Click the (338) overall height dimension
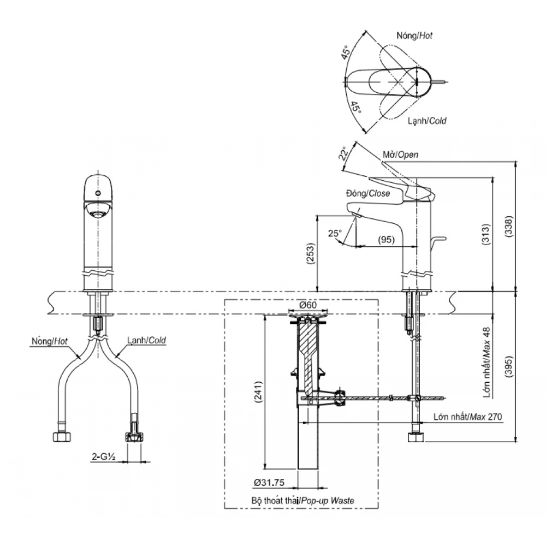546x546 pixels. click(509, 227)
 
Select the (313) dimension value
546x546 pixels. click(486, 234)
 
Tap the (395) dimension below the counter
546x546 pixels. click(509, 367)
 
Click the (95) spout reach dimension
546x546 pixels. click(386, 240)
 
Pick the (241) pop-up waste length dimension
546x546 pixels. click(259, 393)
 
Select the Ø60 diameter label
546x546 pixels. click(308, 305)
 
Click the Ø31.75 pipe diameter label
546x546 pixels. click(269, 482)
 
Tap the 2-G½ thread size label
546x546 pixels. click(103, 457)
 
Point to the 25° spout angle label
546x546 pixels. click(335, 233)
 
